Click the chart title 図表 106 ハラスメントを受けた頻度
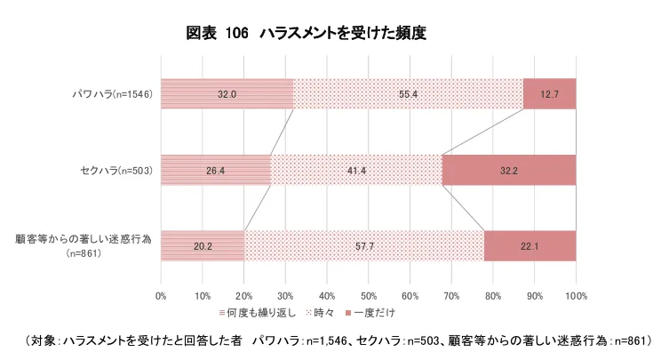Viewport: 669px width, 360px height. (x=307, y=34)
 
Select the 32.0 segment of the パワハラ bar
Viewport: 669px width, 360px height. (x=227, y=93)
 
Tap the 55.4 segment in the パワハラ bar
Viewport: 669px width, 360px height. (x=408, y=93)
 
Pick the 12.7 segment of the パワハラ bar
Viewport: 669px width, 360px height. (x=549, y=93)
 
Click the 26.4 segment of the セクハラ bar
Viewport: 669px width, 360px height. (x=215, y=170)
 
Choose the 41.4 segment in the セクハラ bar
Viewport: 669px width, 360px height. (x=356, y=170)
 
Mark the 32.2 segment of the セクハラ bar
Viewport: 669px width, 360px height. (x=509, y=170)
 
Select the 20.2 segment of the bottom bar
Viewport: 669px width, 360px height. (x=203, y=246)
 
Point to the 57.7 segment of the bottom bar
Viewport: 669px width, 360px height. (x=364, y=246)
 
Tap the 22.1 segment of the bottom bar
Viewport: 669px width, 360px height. (x=530, y=246)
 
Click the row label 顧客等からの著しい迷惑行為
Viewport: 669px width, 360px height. (x=84, y=239)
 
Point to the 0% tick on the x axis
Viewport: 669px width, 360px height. (x=161, y=294)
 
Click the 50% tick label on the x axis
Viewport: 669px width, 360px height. (x=368, y=294)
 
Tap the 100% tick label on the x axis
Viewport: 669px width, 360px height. (x=575, y=294)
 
